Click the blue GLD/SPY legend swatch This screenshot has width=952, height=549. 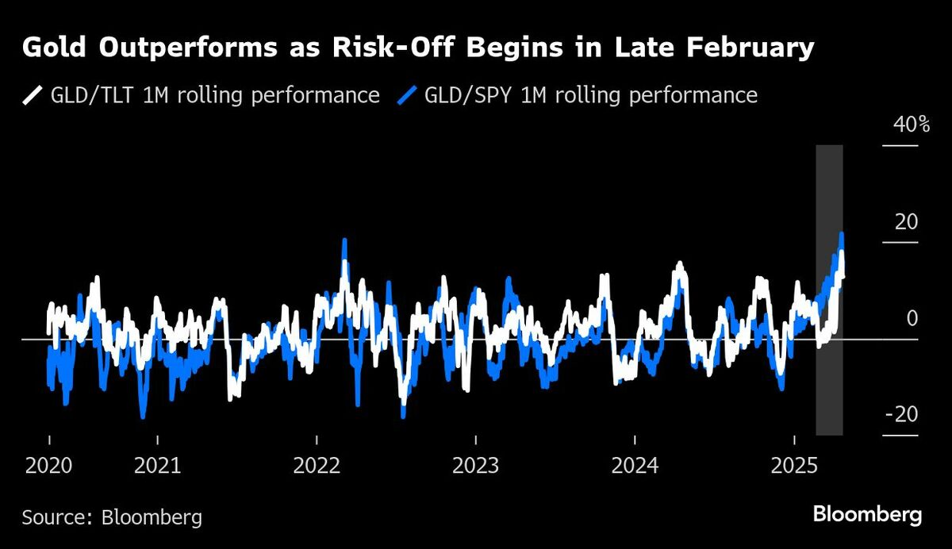[x=406, y=96]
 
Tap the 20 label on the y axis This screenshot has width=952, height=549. [x=906, y=221]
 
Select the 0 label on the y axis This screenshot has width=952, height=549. [x=912, y=318]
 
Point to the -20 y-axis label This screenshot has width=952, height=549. [x=901, y=415]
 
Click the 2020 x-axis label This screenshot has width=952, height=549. [x=48, y=465]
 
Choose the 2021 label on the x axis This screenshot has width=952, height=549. [x=157, y=465]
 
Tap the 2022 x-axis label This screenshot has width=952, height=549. [x=317, y=465]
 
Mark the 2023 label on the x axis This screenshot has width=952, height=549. [x=475, y=465]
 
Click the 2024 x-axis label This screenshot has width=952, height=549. [x=635, y=465]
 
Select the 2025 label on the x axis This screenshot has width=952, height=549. [x=793, y=465]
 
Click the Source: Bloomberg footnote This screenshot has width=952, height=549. [x=112, y=518]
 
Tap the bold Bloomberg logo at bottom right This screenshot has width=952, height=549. [x=867, y=514]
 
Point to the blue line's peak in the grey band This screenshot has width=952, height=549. [x=841, y=234]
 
